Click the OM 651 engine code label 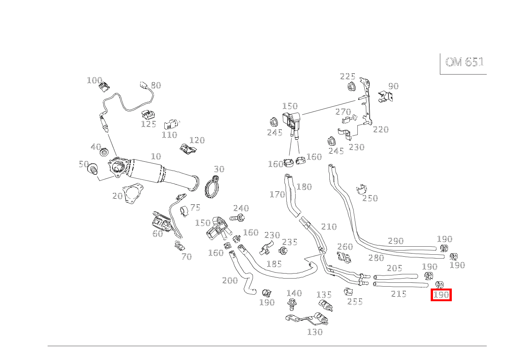(x=464, y=62)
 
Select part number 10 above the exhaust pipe (x=156, y=156)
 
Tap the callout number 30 (x=219, y=169)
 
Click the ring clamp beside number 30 (x=212, y=188)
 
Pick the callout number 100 (x=94, y=80)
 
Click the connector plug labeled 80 (x=145, y=86)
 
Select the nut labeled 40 (x=104, y=153)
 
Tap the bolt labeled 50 (x=93, y=169)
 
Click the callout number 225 (x=347, y=76)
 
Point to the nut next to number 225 (x=350, y=87)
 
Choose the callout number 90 (x=393, y=86)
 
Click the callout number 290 (x=396, y=241)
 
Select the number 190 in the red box (x=441, y=295)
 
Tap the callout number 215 (x=399, y=294)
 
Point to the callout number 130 (x=315, y=332)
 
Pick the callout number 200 (x=230, y=280)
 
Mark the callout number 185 (x=274, y=264)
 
